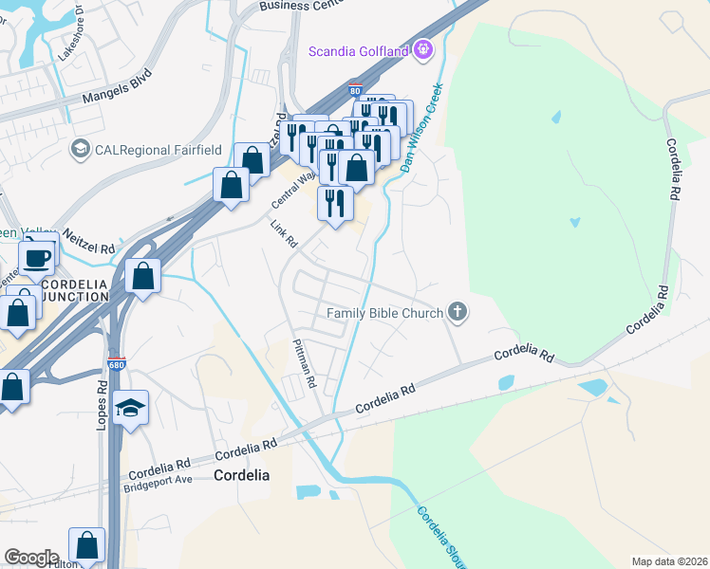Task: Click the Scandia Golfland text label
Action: [359, 50]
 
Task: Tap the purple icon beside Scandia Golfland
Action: [422, 49]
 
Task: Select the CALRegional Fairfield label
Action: [145, 149]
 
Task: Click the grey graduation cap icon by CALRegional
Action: [81, 149]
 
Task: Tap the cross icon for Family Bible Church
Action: [458, 311]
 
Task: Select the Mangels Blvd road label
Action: [117, 83]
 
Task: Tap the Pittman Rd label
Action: [304, 364]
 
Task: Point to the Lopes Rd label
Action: [102, 406]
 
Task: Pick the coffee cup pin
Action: [37, 258]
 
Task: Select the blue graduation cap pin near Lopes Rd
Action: [130, 408]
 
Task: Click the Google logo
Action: [31, 558]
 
